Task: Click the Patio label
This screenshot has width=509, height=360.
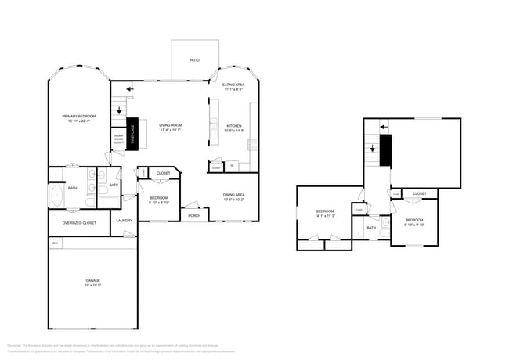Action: pos(193,59)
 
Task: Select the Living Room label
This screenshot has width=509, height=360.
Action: pos(171,126)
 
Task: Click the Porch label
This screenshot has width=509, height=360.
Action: pos(193,216)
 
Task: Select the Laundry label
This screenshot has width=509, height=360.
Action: pos(125,221)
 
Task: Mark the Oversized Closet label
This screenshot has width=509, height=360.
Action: pos(79,223)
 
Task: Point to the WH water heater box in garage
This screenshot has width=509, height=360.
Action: pos(55,243)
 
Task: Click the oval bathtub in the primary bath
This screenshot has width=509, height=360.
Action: pos(56,196)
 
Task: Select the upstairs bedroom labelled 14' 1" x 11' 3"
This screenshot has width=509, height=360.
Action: pos(325,214)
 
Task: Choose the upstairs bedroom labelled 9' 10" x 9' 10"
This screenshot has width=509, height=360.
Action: pos(413,222)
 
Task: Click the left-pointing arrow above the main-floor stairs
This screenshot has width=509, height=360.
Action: pos(129,88)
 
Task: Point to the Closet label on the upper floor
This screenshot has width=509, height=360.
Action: pos(420,193)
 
